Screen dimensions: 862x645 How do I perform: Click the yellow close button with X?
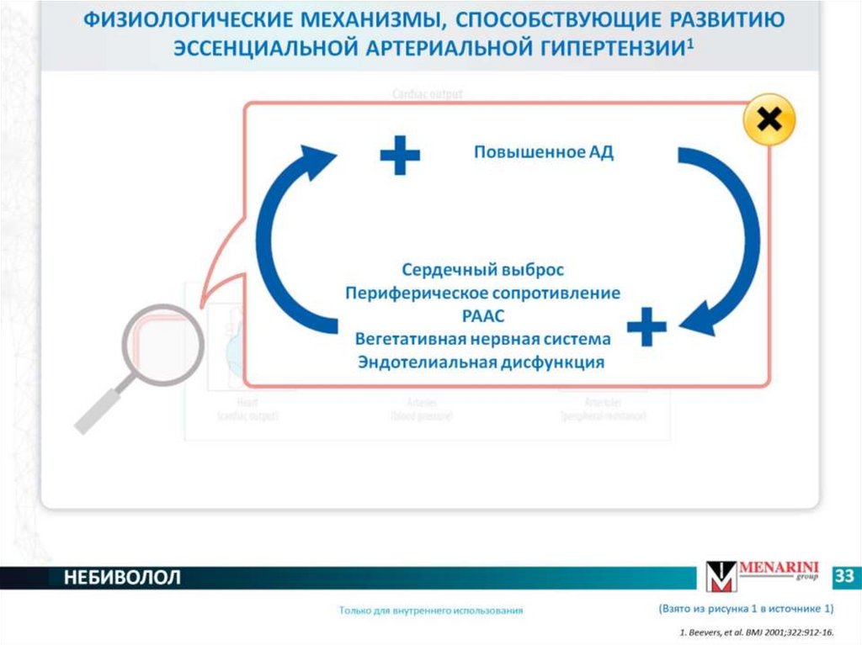(769, 122)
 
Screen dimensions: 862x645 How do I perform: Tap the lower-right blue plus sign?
(646, 326)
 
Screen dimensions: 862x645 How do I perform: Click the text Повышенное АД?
(544, 152)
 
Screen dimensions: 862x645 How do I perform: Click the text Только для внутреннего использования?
(431, 611)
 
